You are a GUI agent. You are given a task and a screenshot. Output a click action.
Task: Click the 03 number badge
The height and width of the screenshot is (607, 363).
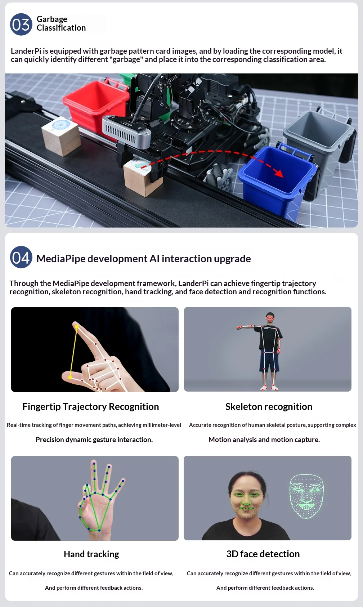pyautogui.click(x=21, y=24)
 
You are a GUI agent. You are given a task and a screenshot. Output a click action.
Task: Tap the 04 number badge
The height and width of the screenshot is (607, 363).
pyautogui.click(x=21, y=257)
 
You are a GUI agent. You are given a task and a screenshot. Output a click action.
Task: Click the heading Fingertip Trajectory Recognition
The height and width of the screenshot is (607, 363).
pyautogui.click(x=90, y=406)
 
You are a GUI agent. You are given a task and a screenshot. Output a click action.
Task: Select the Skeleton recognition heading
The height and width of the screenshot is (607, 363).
pyautogui.click(x=269, y=406)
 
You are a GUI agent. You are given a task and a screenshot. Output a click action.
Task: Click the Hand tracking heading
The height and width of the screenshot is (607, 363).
pyautogui.click(x=91, y=554)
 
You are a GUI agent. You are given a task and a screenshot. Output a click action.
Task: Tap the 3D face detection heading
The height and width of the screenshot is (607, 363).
pyautogui.click(x=263, y=554)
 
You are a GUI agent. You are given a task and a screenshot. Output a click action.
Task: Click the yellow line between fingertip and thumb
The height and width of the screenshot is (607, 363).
pyautogui.click(x=73, y=352)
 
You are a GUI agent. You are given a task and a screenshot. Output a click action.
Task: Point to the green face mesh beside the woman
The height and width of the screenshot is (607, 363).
pyautogui.click(x=306, y=496)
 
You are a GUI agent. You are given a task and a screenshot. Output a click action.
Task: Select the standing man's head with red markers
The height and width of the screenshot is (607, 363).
pyautogui.click(x=270, y=318)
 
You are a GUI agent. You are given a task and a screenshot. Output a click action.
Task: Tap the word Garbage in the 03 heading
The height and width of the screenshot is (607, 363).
pyautogui.click(x=52, y=19)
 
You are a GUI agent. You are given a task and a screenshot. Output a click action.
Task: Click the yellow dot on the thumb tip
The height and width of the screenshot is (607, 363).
pyautogui.click(x=70, y=377)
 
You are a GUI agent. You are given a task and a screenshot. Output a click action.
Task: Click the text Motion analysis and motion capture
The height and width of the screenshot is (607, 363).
pyautogui.click(x=264, y=439)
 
